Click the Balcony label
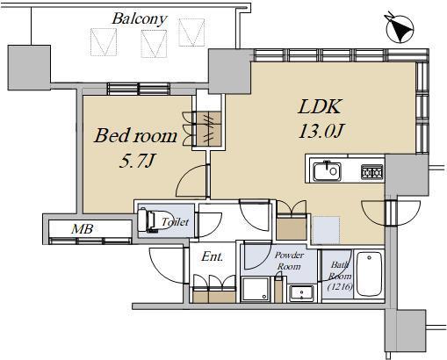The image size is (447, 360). (140, 18)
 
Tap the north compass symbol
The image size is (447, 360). (400, 28)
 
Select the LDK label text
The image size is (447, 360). (320, 106)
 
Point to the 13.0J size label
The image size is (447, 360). (321, 131)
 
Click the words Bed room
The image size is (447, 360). (135, 136)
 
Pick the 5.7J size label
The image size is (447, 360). (136, 161)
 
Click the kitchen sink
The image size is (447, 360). (327, 171)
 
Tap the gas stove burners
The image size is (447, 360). (371, 172)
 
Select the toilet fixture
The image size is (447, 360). (150, 220)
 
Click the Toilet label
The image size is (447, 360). (176, 222)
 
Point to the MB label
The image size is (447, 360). (83, 228)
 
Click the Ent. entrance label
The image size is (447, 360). (213, 256)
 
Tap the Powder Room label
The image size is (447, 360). (289, 261)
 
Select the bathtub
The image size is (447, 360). (370, 274)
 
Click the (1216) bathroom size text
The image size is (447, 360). (340, 286)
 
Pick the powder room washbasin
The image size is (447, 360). (301, 293)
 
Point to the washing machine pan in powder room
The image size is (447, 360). (256, 289)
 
